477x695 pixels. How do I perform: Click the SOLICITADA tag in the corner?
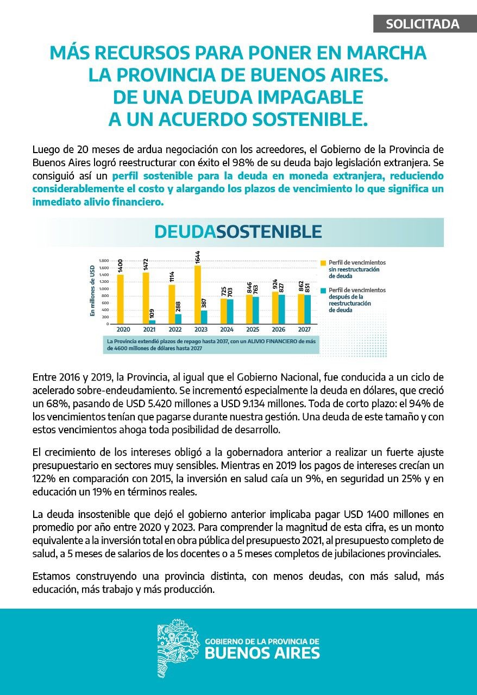[x=423, y=24]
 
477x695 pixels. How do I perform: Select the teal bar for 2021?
[x=152, y=321]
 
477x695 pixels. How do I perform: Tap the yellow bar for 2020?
[x=120, y=299]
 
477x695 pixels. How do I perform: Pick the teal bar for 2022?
[x=178, y=319]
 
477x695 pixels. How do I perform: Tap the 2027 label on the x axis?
[x=305, y=329]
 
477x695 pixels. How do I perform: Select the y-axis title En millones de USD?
[x=92, y=290]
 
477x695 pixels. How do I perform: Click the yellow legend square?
[x=324, y=262]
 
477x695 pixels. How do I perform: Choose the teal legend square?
[x=324, y=290]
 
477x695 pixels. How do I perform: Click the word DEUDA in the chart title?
[x=185, y=232]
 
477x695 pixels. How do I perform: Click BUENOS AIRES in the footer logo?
[x=262, y=653]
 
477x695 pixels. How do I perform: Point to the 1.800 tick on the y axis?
[x=104, y=261]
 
